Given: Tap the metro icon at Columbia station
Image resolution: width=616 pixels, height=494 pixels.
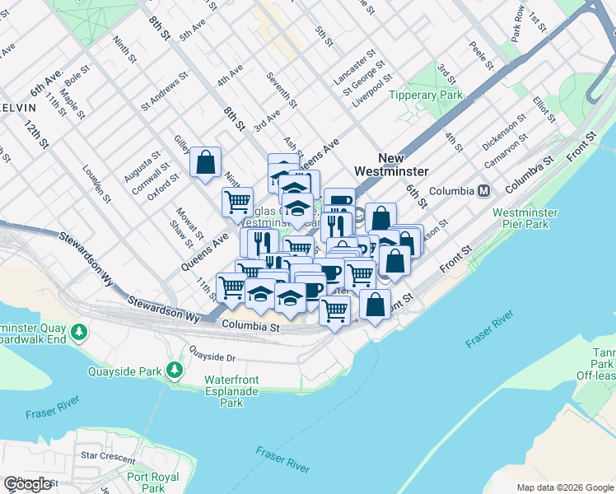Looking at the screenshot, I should (x=483, y=191).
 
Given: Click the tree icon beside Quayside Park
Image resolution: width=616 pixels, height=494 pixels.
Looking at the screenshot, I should (x=175, y=370).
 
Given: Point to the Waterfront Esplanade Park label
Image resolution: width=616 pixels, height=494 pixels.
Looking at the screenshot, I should (x=235, y=391).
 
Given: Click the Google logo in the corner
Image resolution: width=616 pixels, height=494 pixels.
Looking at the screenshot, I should (x=27, y=484).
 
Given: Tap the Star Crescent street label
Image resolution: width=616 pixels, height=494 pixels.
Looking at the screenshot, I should (x=106, y=454).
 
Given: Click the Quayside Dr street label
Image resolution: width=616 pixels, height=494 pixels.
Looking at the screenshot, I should (x=212, y=358).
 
